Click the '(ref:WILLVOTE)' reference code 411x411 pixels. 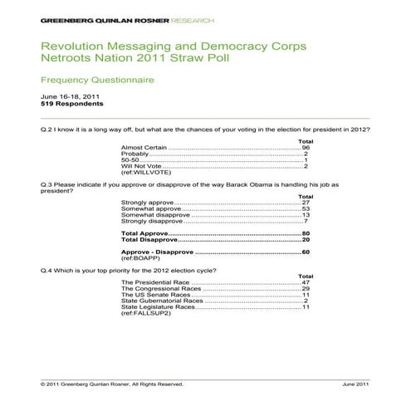[143, 173]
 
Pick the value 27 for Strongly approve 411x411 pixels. [306, 203]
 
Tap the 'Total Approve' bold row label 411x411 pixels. [144, 233]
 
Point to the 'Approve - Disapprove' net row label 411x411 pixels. [157, 252]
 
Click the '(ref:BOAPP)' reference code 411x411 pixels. [139, 258]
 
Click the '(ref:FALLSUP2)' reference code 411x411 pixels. [145, 314]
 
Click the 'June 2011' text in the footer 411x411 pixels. [358, 384]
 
